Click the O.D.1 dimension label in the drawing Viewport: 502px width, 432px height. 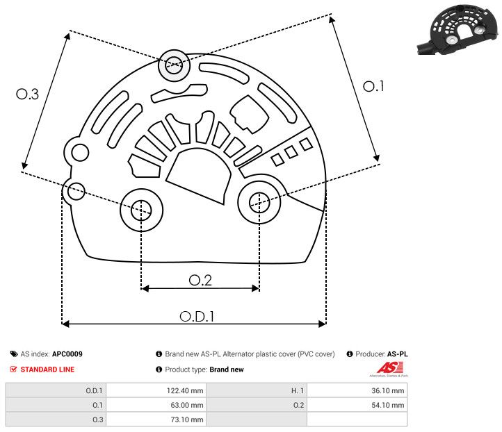pos(197,316)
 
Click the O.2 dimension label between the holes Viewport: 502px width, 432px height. pos(200,280)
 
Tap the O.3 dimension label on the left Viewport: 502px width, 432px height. pos(27,94)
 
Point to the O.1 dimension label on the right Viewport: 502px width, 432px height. pos(374,86)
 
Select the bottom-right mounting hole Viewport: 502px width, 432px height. pos(259,202)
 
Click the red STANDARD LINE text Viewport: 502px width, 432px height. pos(47,369)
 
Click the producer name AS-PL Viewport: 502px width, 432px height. pos(397,354)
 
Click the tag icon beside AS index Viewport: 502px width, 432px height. pos(13,354)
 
